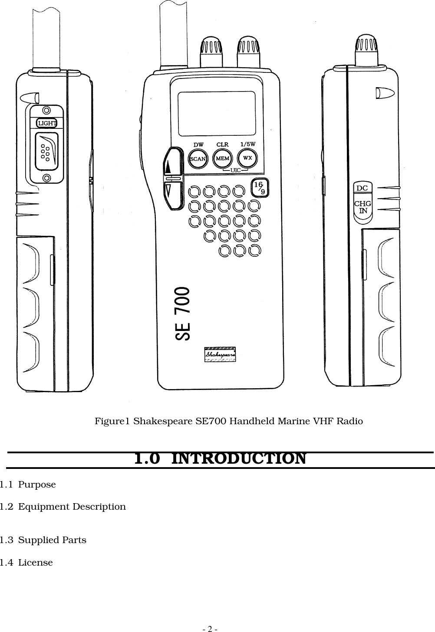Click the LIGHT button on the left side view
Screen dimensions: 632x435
coord(46,123)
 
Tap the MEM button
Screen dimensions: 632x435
coord(223,158)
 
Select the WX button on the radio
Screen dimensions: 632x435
coord(248,158)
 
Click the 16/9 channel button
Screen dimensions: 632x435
coord(260,187)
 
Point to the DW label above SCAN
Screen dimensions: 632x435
coord(198,144)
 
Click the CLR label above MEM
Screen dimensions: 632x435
coord(222,144)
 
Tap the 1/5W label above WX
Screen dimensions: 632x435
coord(248,144)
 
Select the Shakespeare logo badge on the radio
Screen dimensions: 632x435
coord(220,354)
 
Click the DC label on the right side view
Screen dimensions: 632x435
coord(362,188)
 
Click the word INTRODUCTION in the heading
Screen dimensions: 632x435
coord(239,458)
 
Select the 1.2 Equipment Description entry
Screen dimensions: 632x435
coord(63,507)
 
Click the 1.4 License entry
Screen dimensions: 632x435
coord(26,563)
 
